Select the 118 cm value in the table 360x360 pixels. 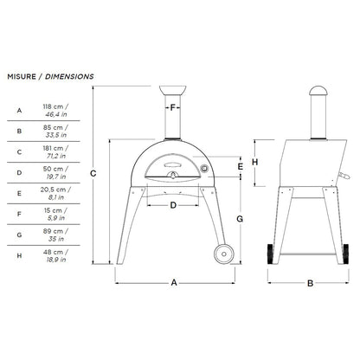pos(55,106)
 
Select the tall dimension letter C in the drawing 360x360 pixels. pos(93,174)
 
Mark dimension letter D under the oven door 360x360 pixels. pos(173,205)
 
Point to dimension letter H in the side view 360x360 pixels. pos(255,162)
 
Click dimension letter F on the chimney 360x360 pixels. pos(173,108)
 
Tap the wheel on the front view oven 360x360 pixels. pos(222,255)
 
